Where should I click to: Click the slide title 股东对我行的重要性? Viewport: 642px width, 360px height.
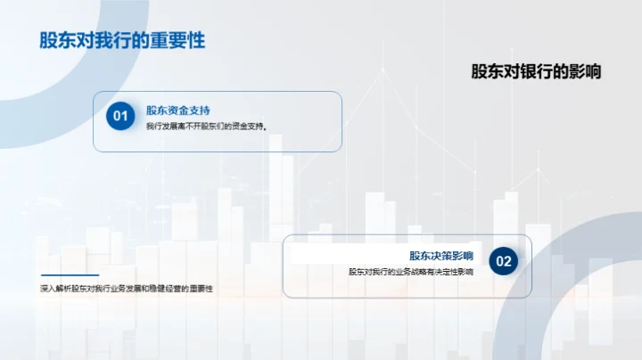point(122,41)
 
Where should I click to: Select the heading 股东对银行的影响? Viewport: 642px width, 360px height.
point(536,71)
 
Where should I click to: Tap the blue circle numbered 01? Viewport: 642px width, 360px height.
point(119,116)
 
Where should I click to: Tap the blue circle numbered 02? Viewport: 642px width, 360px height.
point(504,261)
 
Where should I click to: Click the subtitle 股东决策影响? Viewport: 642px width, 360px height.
point(440,256)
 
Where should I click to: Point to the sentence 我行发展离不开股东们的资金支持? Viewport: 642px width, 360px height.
point(206,127)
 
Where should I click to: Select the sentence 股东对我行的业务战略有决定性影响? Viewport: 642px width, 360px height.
point(410,272)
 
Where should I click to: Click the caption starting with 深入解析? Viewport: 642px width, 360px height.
point(127,289)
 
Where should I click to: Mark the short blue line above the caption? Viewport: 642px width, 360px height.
point(70,274)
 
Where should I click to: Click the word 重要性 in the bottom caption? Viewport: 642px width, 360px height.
point(202,289)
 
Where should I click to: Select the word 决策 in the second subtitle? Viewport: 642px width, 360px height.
point(440,256)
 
